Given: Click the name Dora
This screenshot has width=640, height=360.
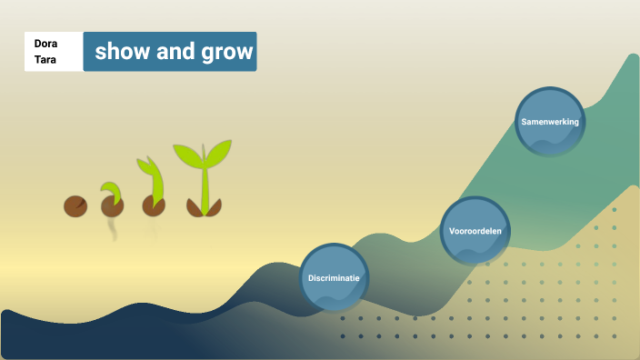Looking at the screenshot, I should click(45, 43).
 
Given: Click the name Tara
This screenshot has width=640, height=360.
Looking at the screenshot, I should click(45, 60).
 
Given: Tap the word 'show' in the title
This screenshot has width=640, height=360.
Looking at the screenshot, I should click(121, 52).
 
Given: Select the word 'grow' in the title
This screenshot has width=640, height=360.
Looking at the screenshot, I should click(226, 52).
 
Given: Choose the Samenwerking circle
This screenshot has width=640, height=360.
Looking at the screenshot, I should click(550, 121).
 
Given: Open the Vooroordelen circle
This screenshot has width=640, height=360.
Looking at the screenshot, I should click(475, 231).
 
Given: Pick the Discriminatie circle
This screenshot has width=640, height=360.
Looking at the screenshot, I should click(334, 277).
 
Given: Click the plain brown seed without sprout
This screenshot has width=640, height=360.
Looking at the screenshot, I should click(75, 206).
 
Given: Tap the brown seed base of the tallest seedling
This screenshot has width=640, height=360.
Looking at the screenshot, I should click(204, 208).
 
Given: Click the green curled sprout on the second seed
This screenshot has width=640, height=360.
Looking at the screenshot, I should click(113, 191).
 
